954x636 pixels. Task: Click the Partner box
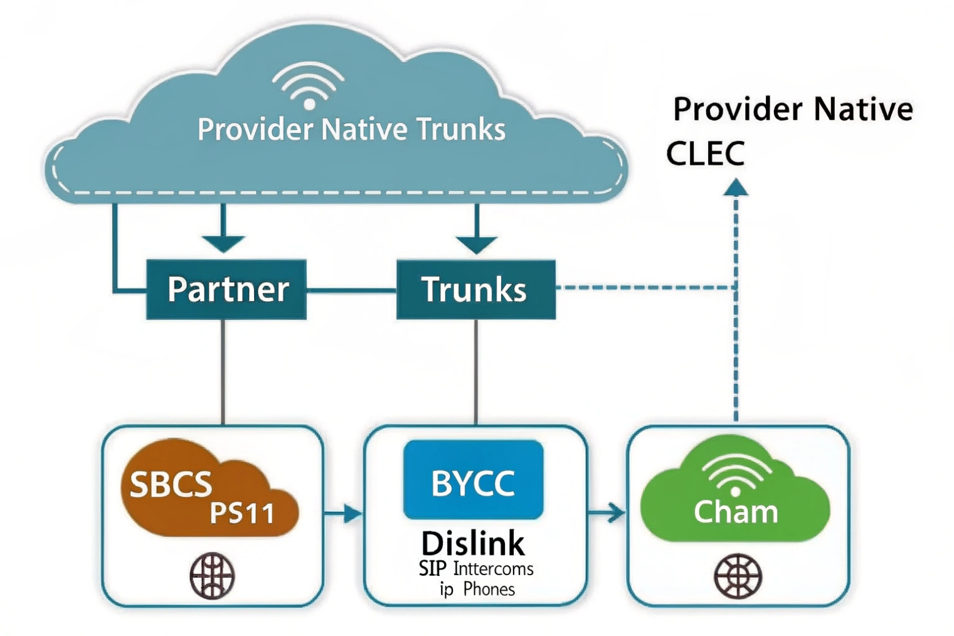point(226,289)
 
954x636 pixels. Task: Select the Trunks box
point(475,289)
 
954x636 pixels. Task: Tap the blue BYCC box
point(473,480)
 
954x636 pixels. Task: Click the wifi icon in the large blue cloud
point(308,86)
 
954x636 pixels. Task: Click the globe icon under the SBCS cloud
point(212,575)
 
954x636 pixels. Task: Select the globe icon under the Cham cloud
point(738,575)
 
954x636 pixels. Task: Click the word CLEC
point(705,154)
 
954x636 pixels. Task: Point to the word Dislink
point(473,543)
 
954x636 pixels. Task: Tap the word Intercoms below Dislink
point(493,569)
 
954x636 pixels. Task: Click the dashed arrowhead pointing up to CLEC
point(736,188)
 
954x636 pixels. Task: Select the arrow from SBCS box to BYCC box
point(344,514)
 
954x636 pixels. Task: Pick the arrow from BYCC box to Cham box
point(607,513)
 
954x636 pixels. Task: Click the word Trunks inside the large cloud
point(461,130)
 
